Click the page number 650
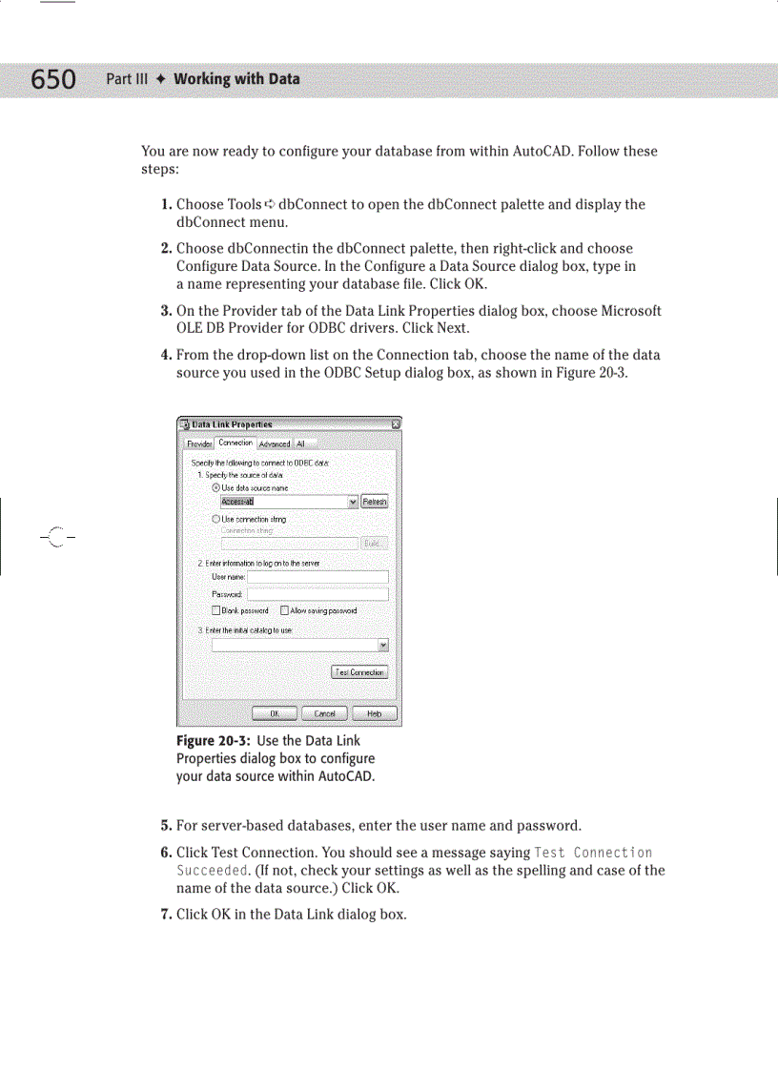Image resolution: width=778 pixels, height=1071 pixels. click(53, 79)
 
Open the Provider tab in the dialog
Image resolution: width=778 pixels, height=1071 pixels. click(199, 443)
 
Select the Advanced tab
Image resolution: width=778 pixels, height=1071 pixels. click(275, 443)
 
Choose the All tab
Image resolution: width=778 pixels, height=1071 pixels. click(300, 443)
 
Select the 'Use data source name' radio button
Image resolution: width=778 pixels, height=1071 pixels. click(216, 487)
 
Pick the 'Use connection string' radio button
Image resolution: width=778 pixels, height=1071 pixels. click(216, 519)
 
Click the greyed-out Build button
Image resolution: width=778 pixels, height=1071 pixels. click(374, 543)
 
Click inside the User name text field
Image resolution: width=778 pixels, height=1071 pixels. click(317, 577)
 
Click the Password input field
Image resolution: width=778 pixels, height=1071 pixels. click(317, 594)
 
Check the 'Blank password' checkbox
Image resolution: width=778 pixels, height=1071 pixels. click(215, 610)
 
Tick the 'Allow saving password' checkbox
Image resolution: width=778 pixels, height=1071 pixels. click(284, 610)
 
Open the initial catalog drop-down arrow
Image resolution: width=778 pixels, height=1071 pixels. click(382, 646)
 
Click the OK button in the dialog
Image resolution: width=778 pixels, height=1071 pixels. click(274, 713)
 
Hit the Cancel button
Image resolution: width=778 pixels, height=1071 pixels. click(324, 713)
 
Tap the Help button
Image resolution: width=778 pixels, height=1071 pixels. click(375, 713)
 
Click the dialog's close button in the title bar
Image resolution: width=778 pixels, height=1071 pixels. click(395, 424)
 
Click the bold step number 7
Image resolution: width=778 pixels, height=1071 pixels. click(166, 916)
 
